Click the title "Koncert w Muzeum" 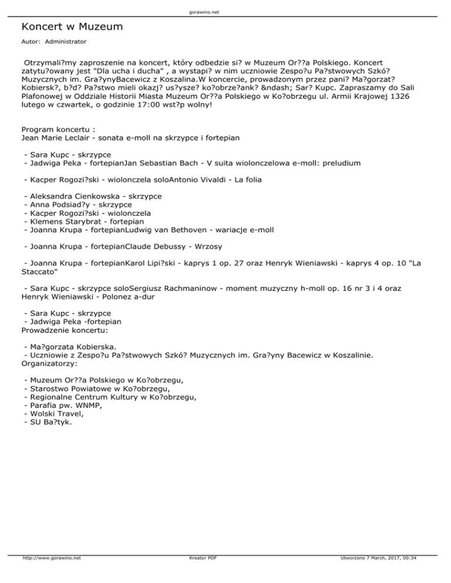[72, 27]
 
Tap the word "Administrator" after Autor [65, 42]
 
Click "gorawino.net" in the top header [225, 11]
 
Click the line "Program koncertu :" [56, 129]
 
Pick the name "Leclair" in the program [86, 138]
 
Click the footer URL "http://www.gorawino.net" [52, 574]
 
